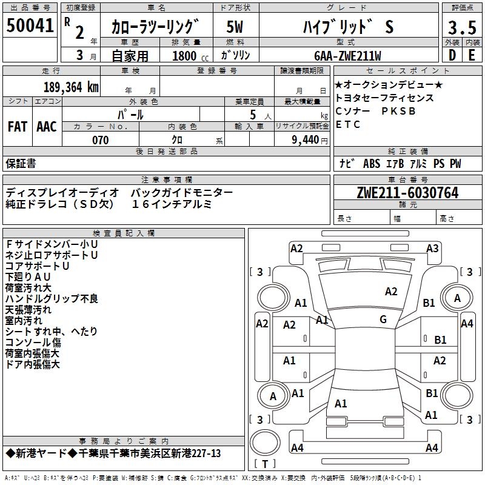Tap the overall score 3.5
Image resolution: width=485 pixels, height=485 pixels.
click(x=461, y=28)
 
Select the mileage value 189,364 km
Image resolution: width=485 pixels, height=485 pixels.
click(x=71, y=87)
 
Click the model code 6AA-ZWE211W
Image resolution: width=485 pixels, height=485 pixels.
click(x=348, y=56)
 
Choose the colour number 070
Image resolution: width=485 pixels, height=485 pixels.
click(x=100, y=140)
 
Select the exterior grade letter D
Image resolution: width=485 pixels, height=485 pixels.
click(x=452, y=56)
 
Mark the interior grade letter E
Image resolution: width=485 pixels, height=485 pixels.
click(x=472, y=56)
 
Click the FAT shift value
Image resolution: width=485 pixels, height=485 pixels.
click(x=17, y=127)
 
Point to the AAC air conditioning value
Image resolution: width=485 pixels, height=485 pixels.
click(x=47, y=127)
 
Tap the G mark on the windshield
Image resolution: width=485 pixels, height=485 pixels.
click(x=383, y=319)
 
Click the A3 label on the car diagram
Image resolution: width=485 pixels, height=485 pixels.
click(x=432, y=248)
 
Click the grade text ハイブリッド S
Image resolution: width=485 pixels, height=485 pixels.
click(x=348, y=27)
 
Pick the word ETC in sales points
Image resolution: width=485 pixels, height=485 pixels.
click(x=348, y=125)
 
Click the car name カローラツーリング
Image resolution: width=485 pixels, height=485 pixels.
click(x=155, y=27)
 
